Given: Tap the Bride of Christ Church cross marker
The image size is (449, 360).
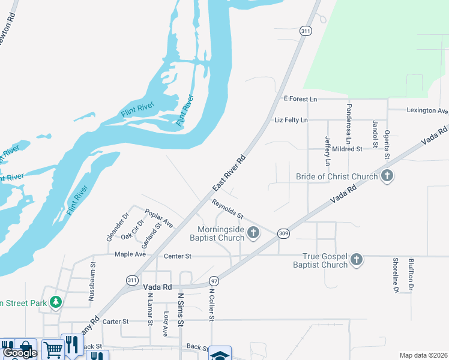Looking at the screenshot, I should pos(387,176).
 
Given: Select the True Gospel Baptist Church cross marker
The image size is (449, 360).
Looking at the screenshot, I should pos(357,260).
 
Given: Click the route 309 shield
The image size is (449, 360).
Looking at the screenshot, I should pos(284,233).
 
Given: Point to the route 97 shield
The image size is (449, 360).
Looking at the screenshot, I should pos(214,281).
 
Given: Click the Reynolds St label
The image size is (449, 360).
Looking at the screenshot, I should pos(228,208).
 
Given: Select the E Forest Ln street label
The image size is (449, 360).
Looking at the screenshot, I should pos(300,98).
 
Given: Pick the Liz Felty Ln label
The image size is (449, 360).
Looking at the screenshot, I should pos(291,121).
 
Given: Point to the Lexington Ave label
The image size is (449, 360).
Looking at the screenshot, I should pos(427,111).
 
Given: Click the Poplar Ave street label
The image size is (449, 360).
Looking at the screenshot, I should pos(159,218).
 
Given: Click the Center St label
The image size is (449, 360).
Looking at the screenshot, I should pos(177,256).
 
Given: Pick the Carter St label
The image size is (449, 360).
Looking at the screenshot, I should pos(115,322).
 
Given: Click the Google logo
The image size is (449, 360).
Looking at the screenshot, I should pos(20,353).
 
